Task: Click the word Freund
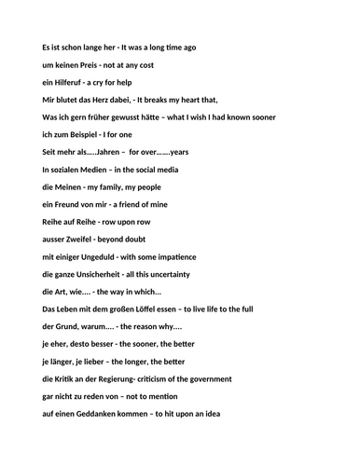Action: (72, 203)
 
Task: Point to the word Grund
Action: (70, 326)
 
